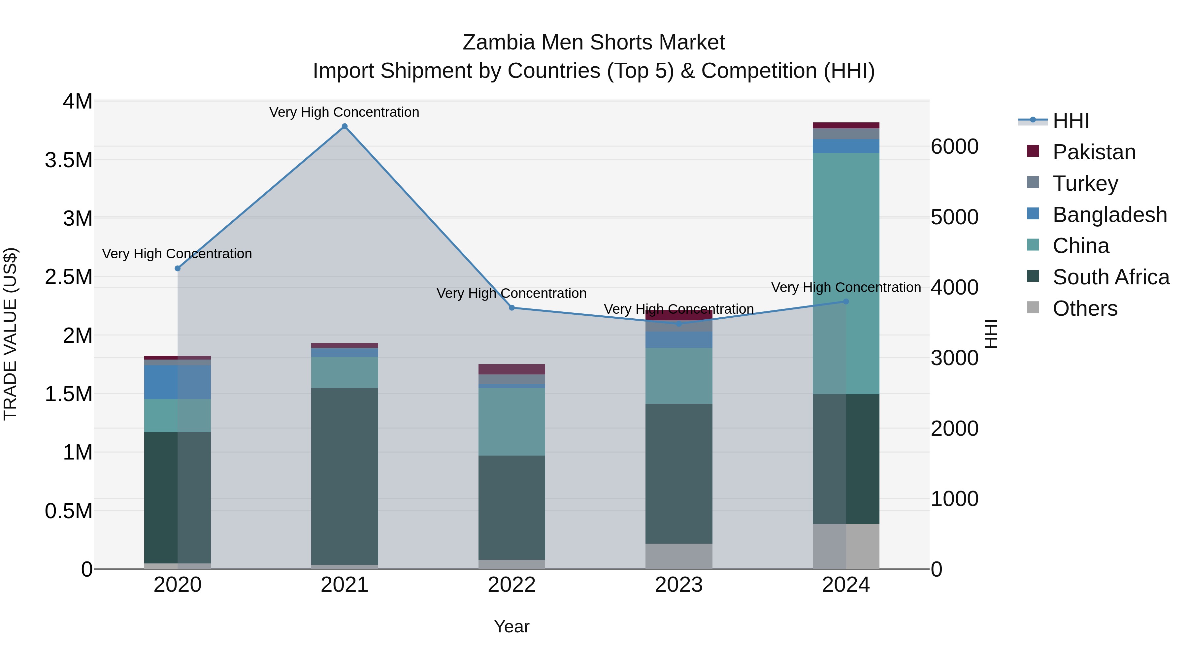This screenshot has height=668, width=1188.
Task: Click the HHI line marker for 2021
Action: click(345, 126)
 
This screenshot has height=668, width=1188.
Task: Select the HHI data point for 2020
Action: click(178, 268)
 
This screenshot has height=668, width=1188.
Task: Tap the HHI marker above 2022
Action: click(511, 307)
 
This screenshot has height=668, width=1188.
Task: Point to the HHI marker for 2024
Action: click(846, 302)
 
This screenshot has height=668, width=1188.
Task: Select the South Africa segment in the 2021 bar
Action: click(345, 475)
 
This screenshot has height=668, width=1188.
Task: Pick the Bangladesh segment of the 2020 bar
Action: click(178, 382)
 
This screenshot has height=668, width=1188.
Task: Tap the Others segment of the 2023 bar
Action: click(678, 556)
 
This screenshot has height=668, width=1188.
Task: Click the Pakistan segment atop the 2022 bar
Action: click(511, 369)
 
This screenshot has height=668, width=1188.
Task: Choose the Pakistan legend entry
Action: click(1094, 152)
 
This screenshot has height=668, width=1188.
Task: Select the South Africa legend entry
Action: click(1110, 277)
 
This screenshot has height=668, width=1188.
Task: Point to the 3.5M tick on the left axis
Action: click(68, 160)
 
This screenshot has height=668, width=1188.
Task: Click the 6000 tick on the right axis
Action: click(954, 146)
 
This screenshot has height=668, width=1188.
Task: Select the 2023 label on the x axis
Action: click(678, 585)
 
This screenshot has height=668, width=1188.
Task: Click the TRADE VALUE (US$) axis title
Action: click(10, 334)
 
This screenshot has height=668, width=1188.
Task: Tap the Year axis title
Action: click(511, 626)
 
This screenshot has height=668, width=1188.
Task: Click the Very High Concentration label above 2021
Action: click(344, 112)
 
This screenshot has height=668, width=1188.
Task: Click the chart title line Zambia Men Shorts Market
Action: click(594, 43)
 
